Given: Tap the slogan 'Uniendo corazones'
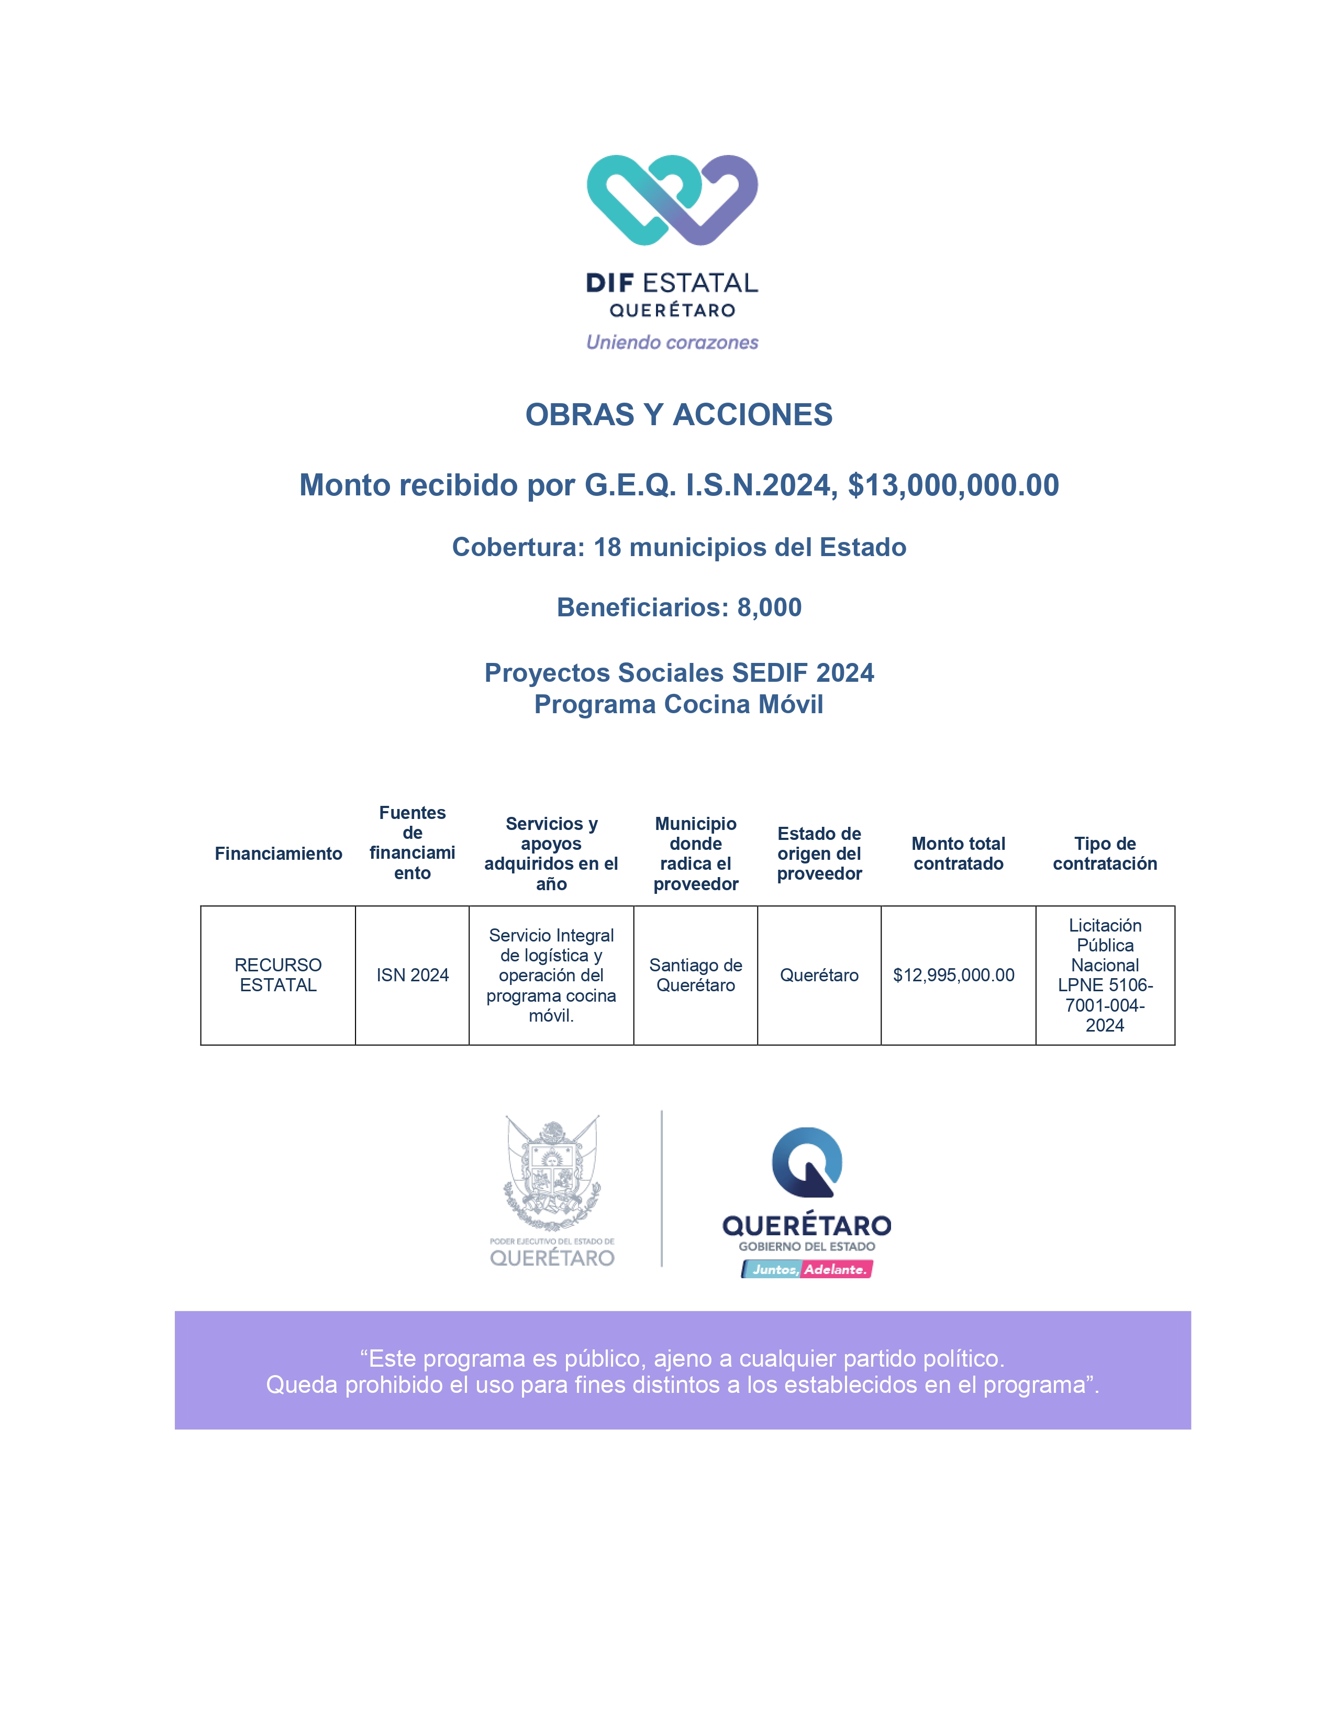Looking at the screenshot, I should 672,342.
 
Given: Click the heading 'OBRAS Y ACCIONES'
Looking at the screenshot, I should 678,415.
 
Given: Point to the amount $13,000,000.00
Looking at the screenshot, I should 953,485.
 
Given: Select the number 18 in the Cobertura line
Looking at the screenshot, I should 607,547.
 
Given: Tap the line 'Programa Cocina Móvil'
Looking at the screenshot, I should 678,704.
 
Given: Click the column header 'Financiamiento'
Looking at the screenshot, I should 279,854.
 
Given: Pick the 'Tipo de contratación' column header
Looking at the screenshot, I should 1104,854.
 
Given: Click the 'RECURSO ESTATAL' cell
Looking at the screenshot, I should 279,975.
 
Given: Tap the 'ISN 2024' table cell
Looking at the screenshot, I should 412,975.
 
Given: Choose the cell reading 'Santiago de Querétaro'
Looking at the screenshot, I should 695,975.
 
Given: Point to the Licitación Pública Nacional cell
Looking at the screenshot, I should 1104,975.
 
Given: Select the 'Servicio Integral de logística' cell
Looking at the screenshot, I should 551,975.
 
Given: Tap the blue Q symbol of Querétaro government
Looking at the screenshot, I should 807,1161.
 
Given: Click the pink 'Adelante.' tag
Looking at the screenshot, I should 836,1269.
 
